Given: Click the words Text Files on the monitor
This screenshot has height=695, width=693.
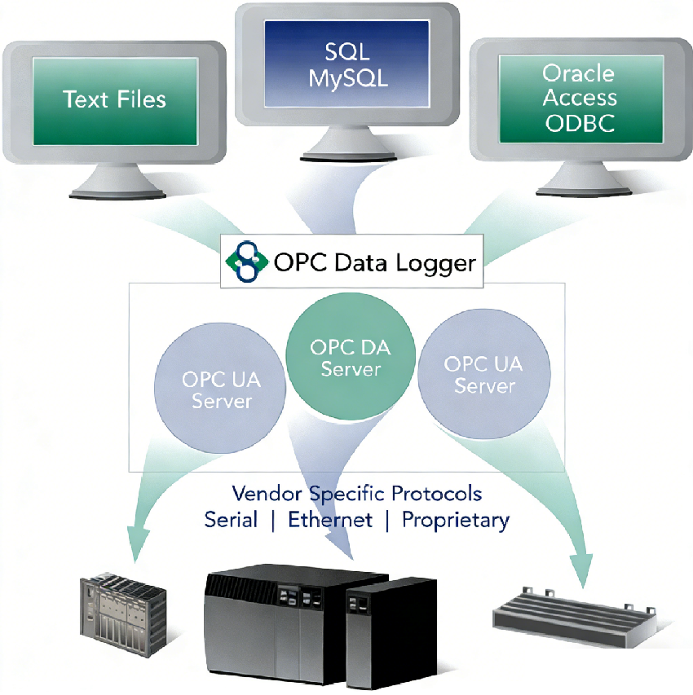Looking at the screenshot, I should [114, 99].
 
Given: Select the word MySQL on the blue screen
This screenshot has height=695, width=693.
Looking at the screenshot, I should [347, 79].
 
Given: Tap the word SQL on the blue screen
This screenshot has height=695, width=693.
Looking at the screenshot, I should [347, 53].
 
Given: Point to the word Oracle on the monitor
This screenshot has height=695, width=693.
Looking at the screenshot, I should [578, 73].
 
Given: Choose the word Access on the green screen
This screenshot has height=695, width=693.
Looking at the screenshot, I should [580, 98].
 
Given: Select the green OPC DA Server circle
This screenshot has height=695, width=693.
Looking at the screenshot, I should [351, 358].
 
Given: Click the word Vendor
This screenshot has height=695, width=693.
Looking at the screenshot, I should [268, 494].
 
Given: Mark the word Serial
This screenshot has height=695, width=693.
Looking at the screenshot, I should [231, 520].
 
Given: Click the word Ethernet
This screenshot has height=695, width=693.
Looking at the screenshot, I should [330, 520].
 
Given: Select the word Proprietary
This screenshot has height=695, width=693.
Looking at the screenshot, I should [456, 520].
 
